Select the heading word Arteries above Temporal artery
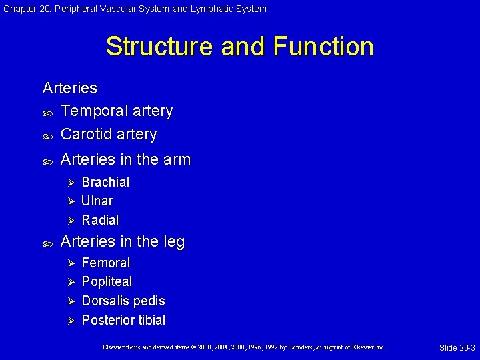(x=69, y=88)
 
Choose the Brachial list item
(x=105, y=182)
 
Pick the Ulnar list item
(x=97, y=201)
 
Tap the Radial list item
(x=100, y=220)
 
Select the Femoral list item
(x=105, y=263)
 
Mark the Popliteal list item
(x=107, y=281)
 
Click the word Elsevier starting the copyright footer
(x=115, y=347)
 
